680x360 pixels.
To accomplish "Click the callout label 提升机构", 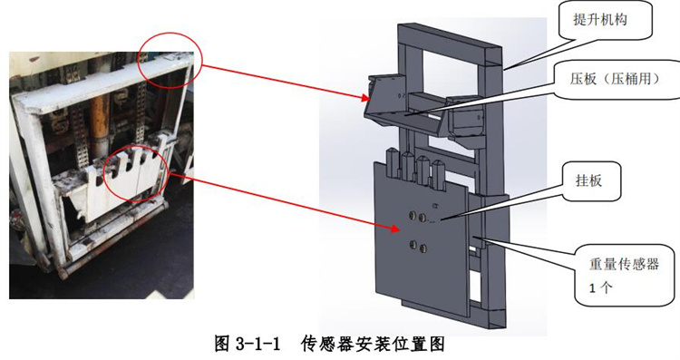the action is (600, 20).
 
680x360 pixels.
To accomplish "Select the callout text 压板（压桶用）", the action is (615, 79).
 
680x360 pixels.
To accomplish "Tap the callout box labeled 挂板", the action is (591, 181).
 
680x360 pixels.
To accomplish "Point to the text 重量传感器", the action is (624, 264).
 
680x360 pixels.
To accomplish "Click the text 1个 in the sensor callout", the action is (600, 287).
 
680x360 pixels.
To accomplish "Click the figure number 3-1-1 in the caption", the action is (257, 345).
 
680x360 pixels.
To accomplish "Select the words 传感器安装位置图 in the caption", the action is (373, 345).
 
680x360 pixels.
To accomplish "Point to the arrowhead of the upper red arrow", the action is (367, 99).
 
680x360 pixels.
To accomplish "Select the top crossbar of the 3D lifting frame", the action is (449, 44).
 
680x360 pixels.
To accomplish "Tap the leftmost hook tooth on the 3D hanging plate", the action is (392, 162).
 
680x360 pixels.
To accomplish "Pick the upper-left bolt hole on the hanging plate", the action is (412, 215).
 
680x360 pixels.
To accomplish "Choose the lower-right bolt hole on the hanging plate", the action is (423, 248).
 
